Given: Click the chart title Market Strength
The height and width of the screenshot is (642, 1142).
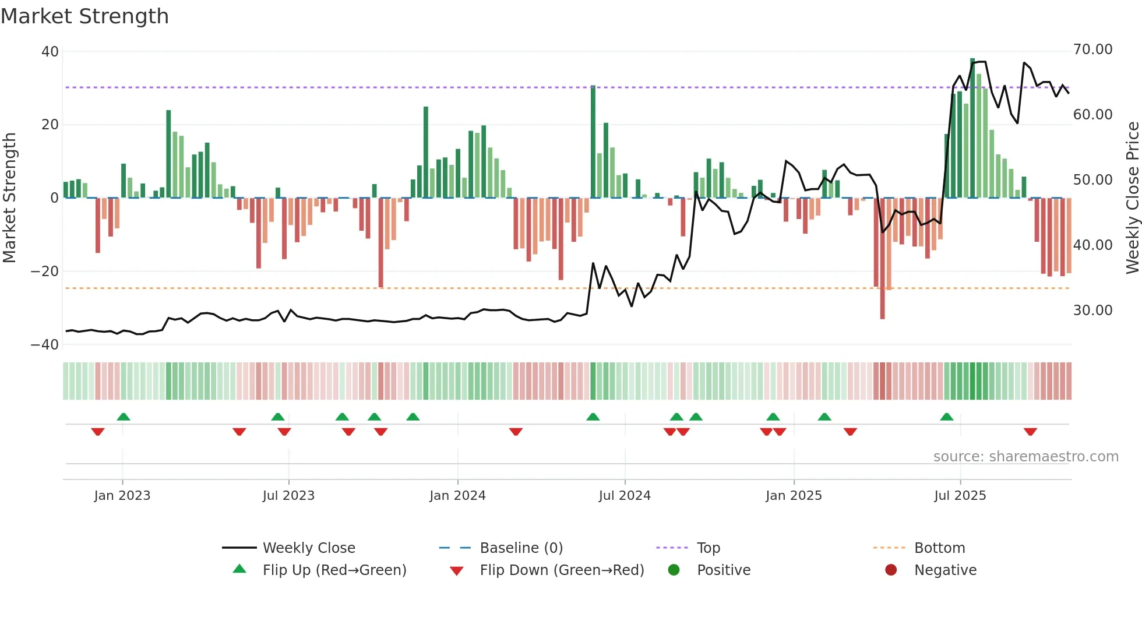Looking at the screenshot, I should [x=84, y=16].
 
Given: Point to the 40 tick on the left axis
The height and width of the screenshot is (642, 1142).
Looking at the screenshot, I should [x=50, y=52].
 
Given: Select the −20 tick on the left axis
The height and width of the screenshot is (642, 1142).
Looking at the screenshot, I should [x=45, y=271].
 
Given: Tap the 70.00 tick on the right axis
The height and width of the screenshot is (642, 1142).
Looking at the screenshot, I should [x=1092, y=50].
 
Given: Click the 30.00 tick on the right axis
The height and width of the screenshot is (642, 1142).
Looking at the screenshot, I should [x=1092, y=311].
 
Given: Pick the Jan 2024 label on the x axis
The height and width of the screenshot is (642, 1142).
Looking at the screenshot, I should [x=457, y=496].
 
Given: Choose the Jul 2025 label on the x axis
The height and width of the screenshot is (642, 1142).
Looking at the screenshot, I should [x=960, y=496].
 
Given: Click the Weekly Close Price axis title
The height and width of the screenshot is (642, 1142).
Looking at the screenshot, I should [x=1132, y=198].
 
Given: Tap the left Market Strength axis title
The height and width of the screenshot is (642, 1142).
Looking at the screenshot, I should [x=10, y=198].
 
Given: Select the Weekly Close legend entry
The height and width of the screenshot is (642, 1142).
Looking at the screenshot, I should [x=309, y=548].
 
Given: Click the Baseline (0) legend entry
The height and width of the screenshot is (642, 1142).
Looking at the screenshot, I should [x=521, y=548].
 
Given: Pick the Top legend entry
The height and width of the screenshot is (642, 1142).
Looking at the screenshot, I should [x=708, y=548].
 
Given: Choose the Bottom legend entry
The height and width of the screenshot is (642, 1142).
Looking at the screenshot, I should [x=939, y=548].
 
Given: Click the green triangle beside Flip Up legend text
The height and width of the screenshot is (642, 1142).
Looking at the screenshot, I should [x=239, y=569].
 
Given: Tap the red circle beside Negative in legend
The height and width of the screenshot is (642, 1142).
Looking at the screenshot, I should [x=890, y=570].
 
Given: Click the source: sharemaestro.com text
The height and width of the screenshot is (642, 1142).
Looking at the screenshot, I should [x=1025, y=457].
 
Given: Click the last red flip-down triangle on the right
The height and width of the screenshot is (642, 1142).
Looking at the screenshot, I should [x=1030, y=432].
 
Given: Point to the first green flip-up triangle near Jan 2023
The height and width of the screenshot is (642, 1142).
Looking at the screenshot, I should [x=124, y=417].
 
